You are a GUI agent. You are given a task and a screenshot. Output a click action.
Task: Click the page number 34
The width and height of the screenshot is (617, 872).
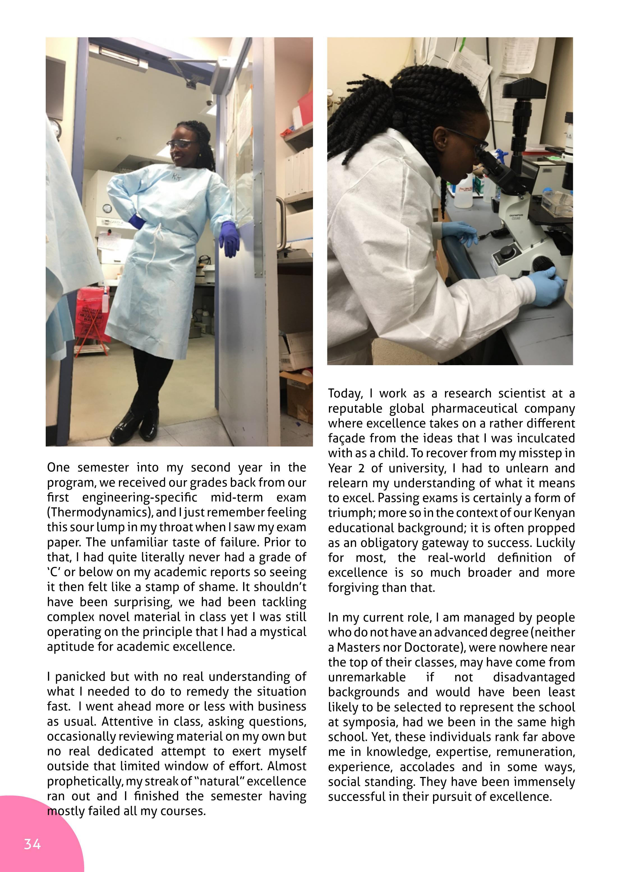(32, 844)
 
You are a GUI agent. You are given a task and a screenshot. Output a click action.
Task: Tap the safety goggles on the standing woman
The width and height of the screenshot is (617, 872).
(180, 144)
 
